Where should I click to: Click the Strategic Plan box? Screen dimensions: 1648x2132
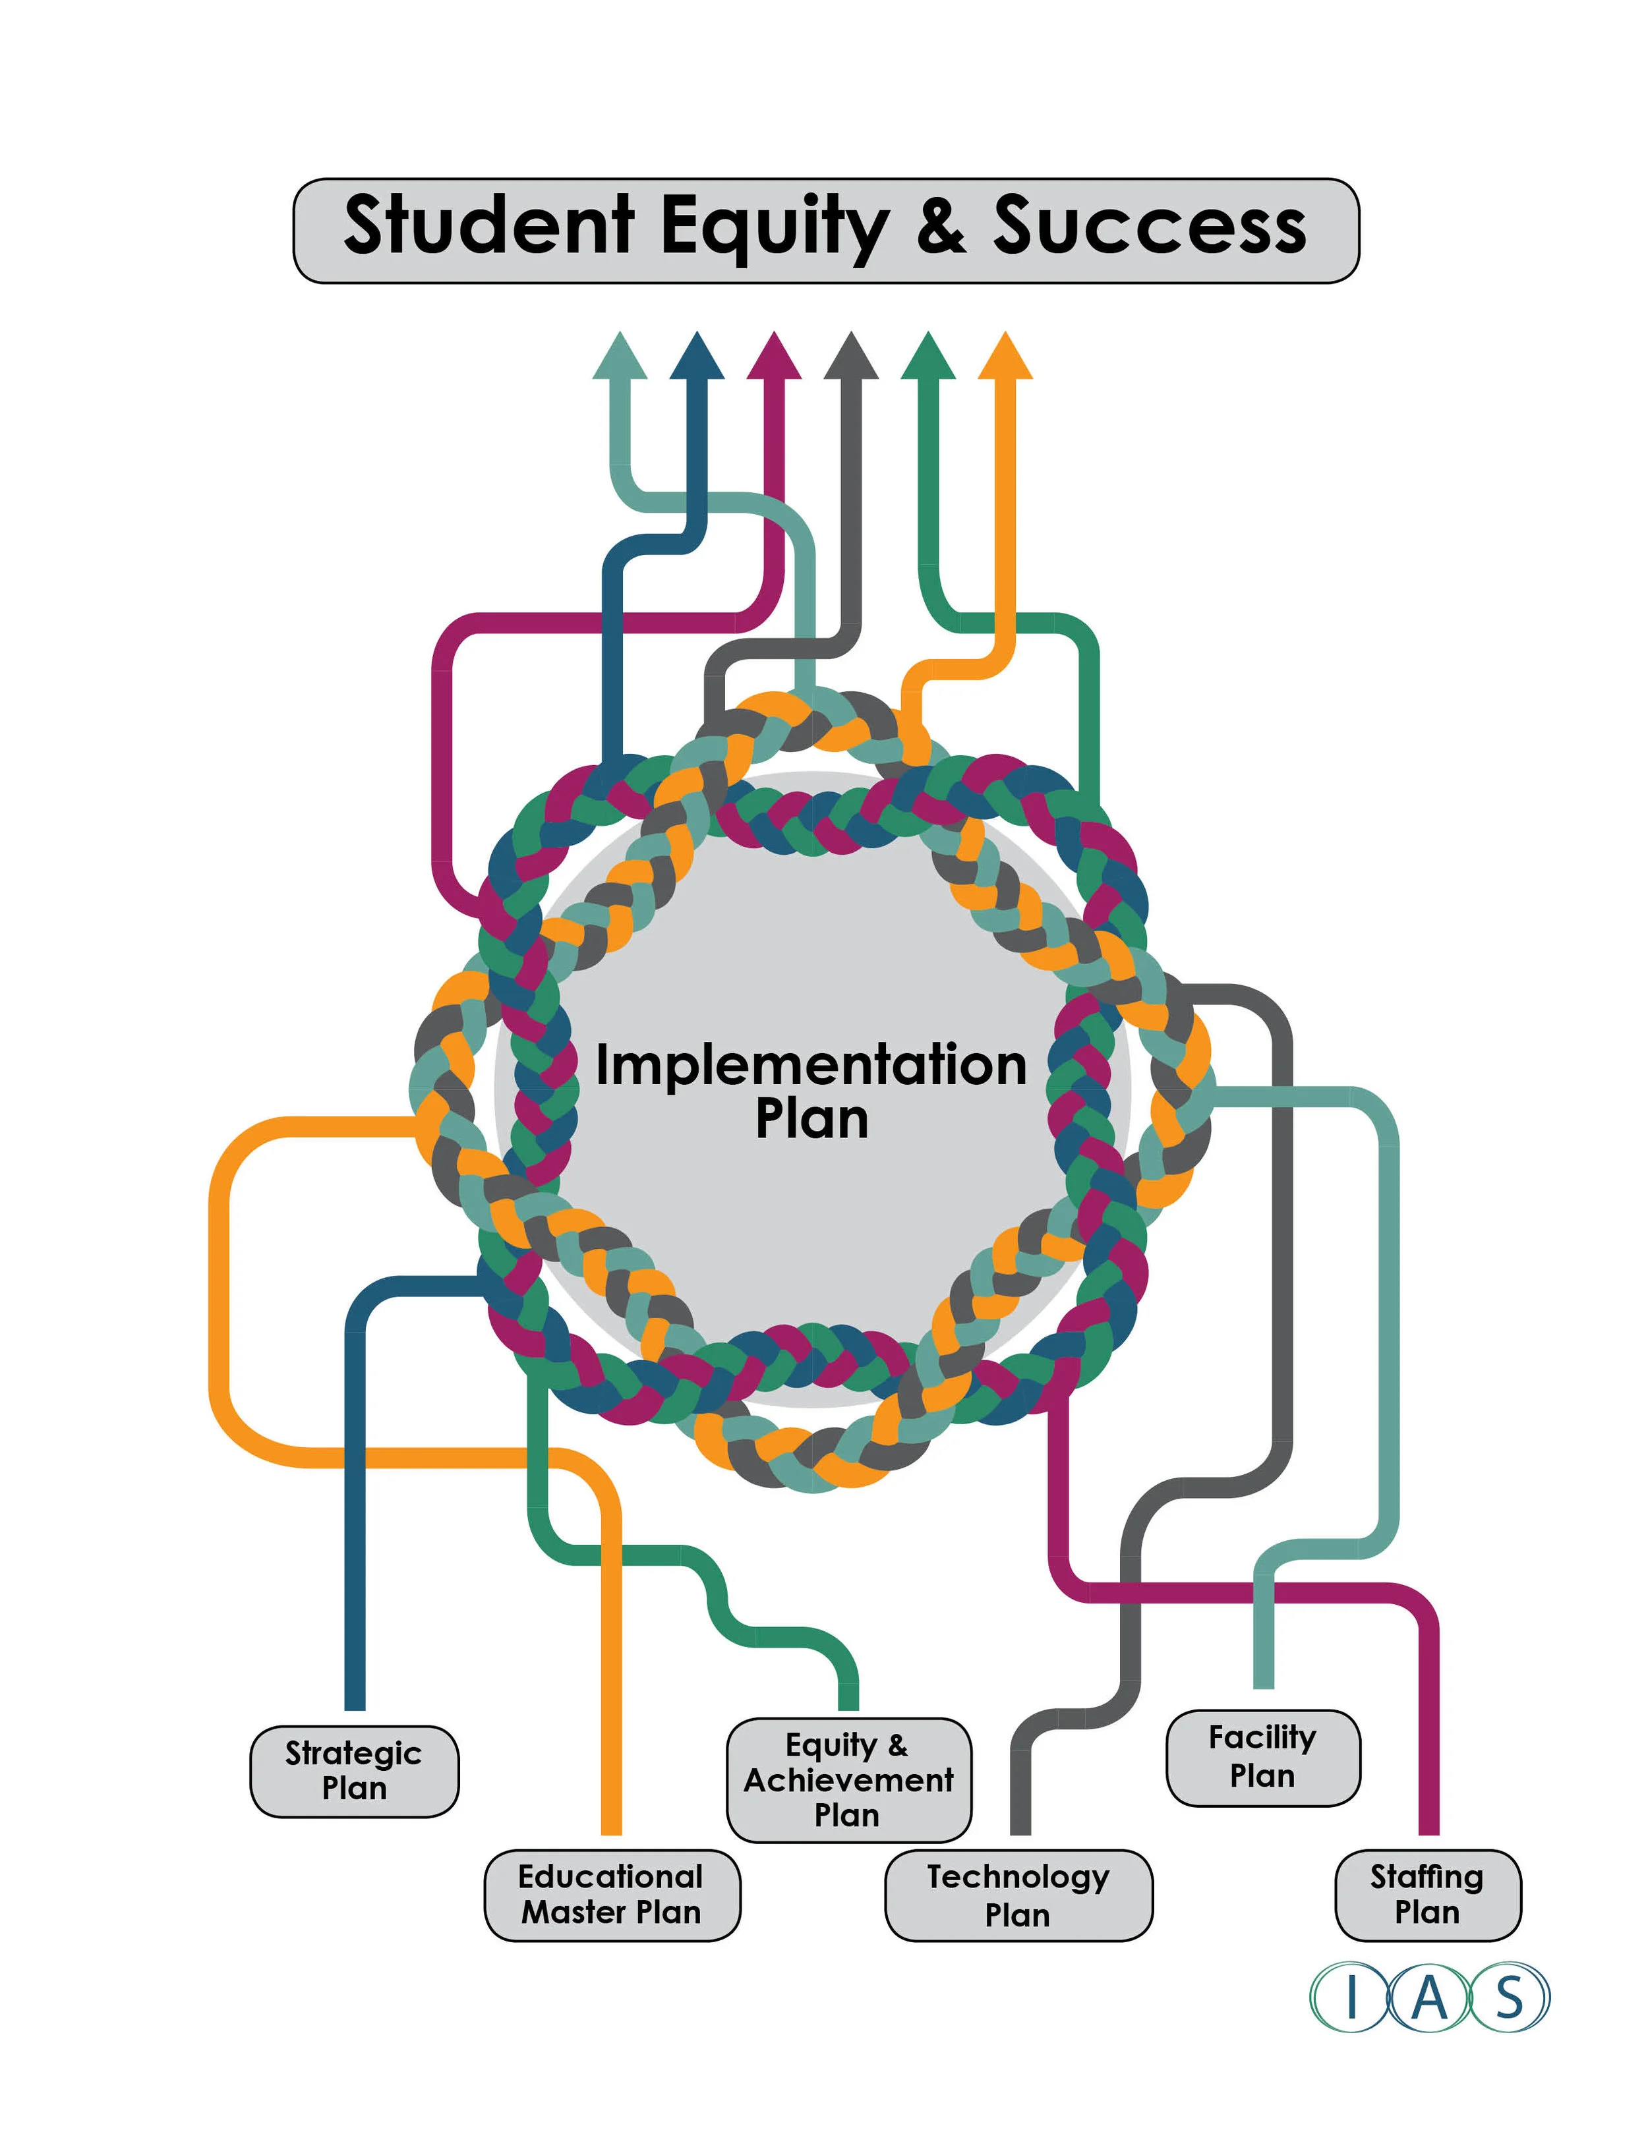tap(355, 1771)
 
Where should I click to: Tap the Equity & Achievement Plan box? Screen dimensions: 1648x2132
tap(848, 1779)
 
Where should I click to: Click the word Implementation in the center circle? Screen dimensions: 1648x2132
tap(811, 1065)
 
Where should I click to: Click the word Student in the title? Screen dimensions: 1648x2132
tap(489, 225)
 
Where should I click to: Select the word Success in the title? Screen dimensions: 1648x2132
tap(1150, 225)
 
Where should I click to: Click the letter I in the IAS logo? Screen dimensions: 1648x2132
tap(1351, 1998)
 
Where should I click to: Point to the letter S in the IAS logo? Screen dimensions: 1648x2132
tap(1510, 1998)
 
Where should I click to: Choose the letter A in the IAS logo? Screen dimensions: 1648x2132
tap(1429, 1998)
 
